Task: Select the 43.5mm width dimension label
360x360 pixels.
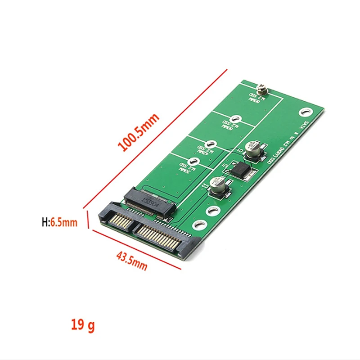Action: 131,261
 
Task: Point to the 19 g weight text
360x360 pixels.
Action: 82,324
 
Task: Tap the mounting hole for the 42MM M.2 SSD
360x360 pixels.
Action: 213,145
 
